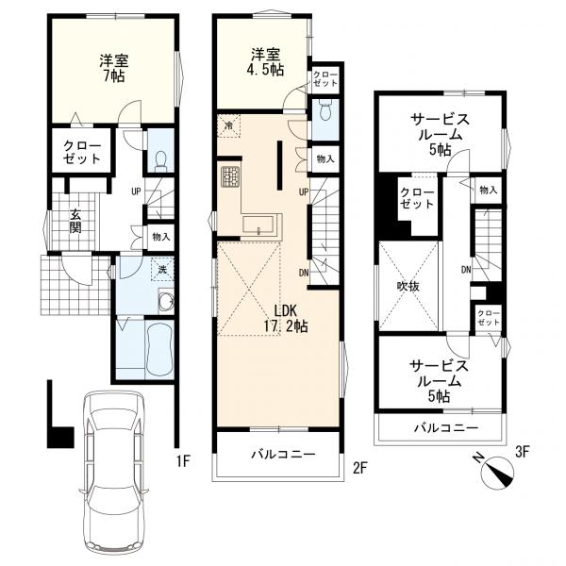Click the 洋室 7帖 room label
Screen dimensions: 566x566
click(114, 68)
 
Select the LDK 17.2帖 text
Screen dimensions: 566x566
click(286, 319)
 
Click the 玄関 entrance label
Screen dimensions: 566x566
click(75, 221)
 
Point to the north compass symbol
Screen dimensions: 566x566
click(497, 472)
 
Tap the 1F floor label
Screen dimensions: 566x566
click(183, 461)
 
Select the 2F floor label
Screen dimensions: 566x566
click(359, 468)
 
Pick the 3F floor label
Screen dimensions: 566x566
click(522, 452)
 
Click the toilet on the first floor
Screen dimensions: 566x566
click(160, 161)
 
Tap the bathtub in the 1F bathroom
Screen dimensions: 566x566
click(159, 349)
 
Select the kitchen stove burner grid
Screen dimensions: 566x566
click(230, 177)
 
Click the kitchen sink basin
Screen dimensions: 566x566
click(258, 225)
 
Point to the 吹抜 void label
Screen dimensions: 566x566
click(408, 286)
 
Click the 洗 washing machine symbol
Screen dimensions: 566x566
click(162, 269)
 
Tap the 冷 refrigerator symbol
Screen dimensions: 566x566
click(229, 125)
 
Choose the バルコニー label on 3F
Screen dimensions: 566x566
click(446, 428)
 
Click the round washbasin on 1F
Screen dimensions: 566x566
click(167, 301)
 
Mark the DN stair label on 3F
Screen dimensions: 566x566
click(466, 269)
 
